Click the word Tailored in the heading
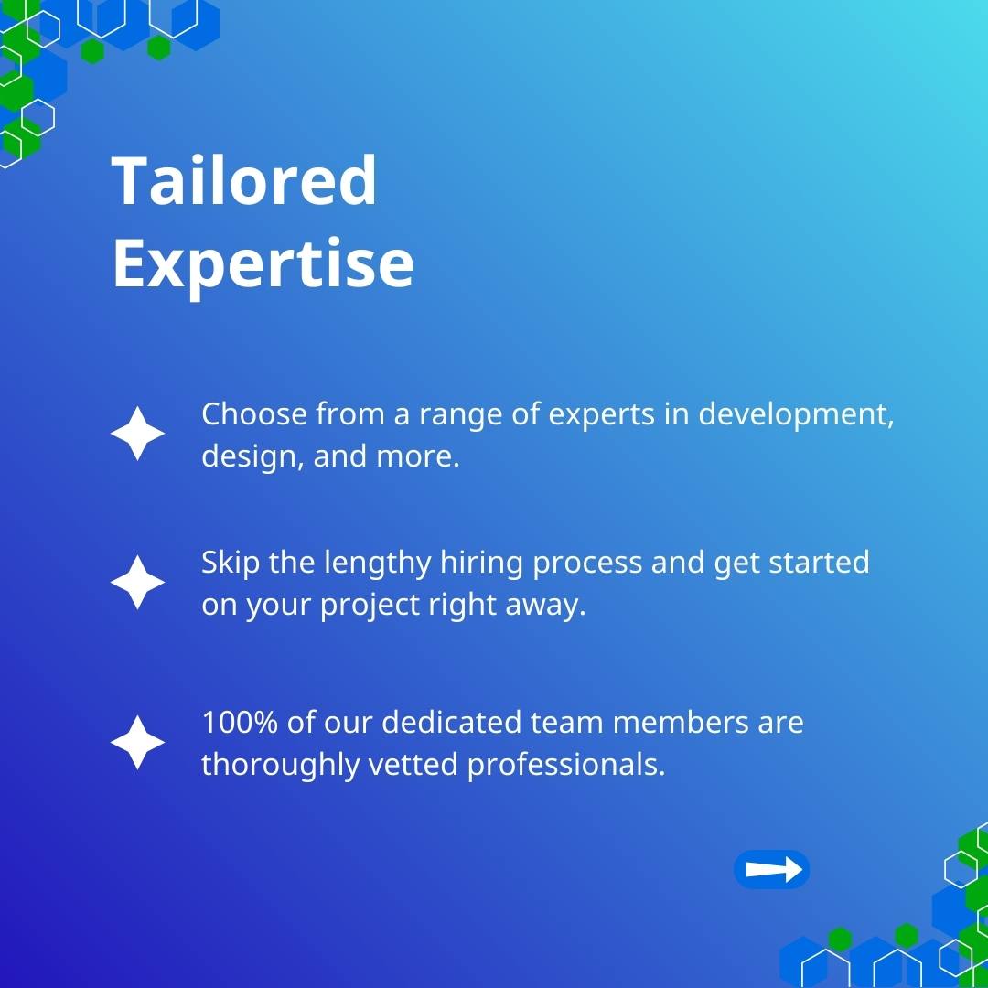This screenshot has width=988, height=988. point(243,180)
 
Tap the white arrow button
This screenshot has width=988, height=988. point(771,870)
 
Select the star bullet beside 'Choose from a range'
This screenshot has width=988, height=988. point(137,434)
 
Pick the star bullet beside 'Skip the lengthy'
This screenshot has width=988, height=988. point(137,583)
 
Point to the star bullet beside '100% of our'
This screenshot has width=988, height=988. point(137,743)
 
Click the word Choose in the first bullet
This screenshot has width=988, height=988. point(254,414)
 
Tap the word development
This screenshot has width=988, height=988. point(795,414)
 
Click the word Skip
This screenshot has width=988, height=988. point(231,563)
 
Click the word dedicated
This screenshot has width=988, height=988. point(452,723)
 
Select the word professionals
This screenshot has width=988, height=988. point(566,764)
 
